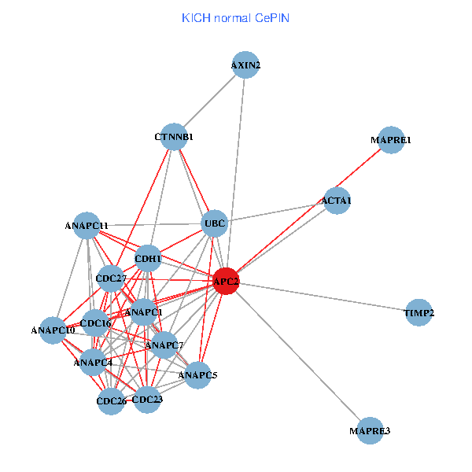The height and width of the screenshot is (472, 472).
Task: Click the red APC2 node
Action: tap(226, 282)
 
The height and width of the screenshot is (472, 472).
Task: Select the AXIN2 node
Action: tap(246, 65)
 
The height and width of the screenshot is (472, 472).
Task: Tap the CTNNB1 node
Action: tap(174, 137)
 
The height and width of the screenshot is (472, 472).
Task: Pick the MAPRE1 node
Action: tap(391, 140)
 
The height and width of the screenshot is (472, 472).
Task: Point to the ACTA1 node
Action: tap(337, 201)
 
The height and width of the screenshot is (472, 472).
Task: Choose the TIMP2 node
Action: tap(419, 313)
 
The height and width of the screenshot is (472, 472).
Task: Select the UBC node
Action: tap(215, 224)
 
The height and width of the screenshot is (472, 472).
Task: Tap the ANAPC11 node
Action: tap(87, 226)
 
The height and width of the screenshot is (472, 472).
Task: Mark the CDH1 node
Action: tap(148, 257)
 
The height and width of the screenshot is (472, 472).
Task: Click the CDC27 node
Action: tap(111, 278)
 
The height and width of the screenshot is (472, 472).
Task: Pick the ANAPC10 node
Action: tap(53, 330)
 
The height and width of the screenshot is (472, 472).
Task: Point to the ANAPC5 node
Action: tap(197, 375)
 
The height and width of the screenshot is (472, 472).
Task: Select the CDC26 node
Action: tap(111, 402)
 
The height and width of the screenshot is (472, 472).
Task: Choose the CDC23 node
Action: tap(147, 400)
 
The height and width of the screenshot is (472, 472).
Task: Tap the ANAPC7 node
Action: tap(164, 345)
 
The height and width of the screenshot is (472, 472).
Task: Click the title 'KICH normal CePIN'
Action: tap(235, 18)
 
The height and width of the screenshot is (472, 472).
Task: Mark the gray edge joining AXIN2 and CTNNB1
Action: tap(210, 101)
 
